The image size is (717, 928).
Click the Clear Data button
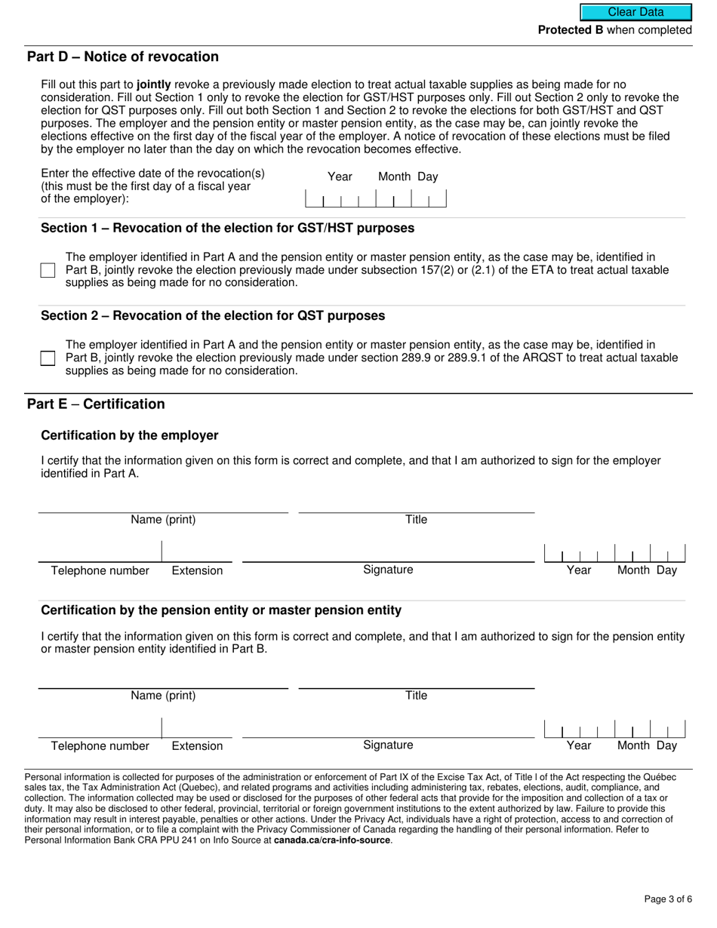(635, 12)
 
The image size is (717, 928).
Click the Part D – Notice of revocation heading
(123, 57)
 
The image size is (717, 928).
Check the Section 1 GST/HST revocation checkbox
(48, 270)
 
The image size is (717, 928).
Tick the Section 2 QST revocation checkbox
(48, 358)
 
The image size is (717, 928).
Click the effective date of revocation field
(375, 199)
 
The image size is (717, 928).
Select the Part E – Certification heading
(96, 404)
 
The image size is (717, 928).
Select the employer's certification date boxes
(614, 553)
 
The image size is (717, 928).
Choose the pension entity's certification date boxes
(614, 729)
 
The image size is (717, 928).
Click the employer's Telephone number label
(100, 570)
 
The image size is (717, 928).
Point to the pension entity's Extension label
(197, 746)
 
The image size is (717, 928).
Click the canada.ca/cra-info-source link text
(332, 840)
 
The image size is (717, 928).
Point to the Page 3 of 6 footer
(668, 899)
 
